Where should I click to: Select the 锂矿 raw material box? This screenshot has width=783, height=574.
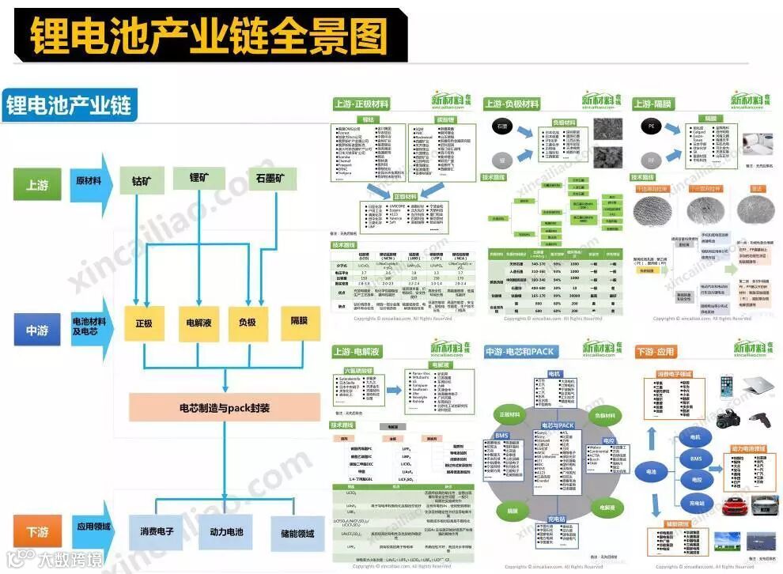[x=201, y=179]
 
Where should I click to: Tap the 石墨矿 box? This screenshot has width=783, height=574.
[x=270, y=177]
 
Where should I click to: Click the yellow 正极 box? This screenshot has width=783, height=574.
[x=143, y=323]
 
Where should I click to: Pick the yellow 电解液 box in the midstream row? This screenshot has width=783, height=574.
[x=197, y=323]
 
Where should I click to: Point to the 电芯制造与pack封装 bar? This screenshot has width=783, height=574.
[x=225, y=409]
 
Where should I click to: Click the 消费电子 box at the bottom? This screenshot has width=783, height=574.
[x=157, y=532]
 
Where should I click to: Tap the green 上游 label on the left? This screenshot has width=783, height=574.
[x=36, y=185]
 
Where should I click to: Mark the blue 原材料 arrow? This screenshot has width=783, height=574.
[x=89, y=182]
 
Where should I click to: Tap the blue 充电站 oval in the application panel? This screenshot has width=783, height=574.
[x=695, y=503]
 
